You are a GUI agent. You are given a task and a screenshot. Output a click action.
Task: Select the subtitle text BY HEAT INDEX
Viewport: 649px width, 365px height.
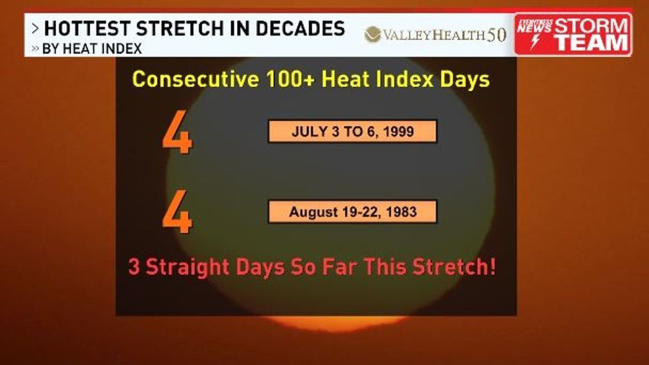(x=91, y=49)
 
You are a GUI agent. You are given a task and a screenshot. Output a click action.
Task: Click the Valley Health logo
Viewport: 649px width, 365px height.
(x=435, y=34)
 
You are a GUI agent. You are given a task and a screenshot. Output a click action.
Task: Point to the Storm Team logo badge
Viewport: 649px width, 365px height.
(x=573, y=34)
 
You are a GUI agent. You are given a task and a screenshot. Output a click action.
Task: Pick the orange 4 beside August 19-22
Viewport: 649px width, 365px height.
(x=178, y=214)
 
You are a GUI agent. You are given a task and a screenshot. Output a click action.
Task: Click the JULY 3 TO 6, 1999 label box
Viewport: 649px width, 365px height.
(x=352, y=131)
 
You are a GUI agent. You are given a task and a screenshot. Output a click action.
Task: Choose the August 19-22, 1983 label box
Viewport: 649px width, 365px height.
(x=352, y=212)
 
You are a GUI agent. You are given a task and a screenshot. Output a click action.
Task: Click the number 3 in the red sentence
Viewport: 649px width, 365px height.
(x=134, y=268)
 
